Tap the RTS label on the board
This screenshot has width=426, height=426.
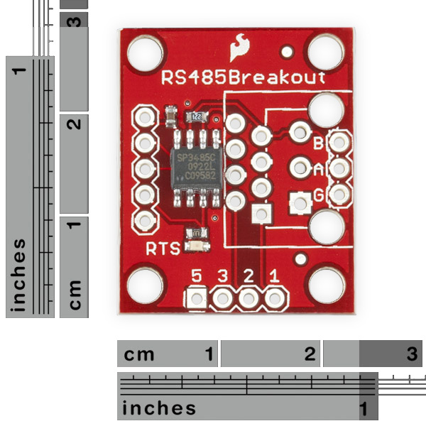click(x=163, y=248)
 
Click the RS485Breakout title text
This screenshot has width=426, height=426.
click(x=244, y=77)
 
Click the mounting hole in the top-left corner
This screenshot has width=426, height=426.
click(x=146, y=52)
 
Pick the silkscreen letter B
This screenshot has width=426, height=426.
click(x=319, y=144)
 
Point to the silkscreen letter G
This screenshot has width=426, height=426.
click(x=319, y=195)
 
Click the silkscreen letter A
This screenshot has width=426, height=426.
click(x=319, y=170)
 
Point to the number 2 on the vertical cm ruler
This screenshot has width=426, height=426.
click(x=72, y=125)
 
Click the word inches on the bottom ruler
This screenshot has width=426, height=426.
click(x=159, y=408)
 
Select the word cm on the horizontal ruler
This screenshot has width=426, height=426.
click(x=140, y=354)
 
